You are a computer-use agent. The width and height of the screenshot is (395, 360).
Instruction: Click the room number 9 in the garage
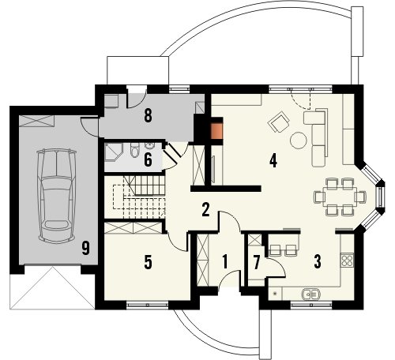tap(85, 248)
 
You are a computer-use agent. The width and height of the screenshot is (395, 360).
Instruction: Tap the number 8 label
tap(149, 116)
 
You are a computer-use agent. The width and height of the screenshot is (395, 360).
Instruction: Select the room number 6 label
tap(148, 159)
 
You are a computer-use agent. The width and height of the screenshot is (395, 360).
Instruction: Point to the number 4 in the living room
tap(273, 161)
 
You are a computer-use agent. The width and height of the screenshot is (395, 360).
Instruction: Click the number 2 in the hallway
tap(205, 210)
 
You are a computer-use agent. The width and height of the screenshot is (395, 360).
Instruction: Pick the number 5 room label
tap(148, 262)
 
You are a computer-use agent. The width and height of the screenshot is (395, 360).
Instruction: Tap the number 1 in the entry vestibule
tap(224, 261)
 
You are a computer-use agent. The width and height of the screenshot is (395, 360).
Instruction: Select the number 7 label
tap(257, 262)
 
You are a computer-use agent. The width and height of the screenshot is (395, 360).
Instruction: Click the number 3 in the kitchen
tap(318, 261)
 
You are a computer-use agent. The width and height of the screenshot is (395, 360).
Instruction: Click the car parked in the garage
tap(56, 195)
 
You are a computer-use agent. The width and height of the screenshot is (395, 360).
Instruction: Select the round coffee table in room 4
tap(299, 140)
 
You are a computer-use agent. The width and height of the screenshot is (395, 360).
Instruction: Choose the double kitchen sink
tap(310, 294)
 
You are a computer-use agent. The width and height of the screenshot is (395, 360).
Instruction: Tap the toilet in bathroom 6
tap(134, 150)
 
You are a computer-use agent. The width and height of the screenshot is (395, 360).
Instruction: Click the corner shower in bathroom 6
tap(113, 152)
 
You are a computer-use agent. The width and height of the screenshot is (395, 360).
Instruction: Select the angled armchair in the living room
tap(279, 122)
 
